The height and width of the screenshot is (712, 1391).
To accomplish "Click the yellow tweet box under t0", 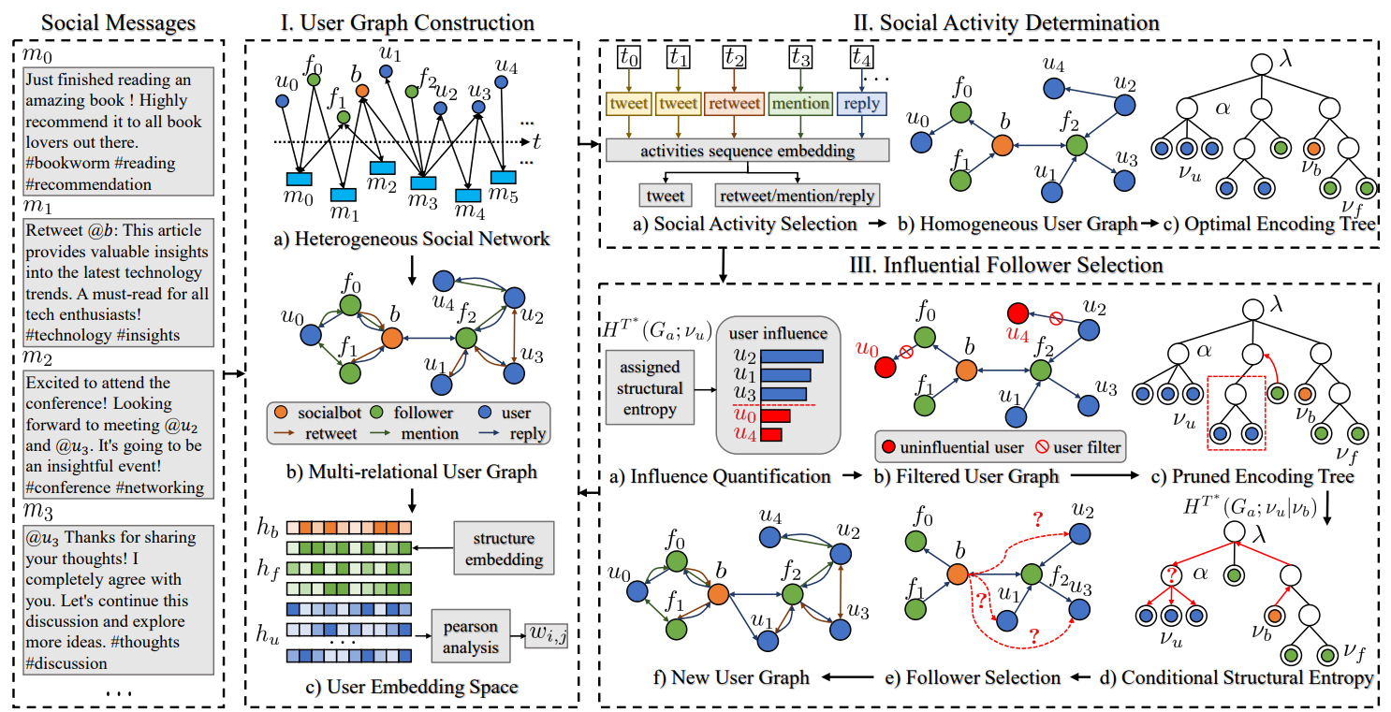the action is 629,104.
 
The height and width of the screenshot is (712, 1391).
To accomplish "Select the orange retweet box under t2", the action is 734,104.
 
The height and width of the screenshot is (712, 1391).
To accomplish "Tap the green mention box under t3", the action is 799,104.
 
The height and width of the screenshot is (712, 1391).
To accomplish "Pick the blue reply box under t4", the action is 861,104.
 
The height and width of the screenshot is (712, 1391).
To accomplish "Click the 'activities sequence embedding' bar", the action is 747,151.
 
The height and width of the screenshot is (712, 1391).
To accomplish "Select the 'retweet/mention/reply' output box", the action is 797,196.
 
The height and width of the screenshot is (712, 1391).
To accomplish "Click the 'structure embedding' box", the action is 504,548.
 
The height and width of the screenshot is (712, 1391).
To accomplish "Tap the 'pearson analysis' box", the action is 470,636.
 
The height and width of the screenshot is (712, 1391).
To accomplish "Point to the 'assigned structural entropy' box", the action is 650,388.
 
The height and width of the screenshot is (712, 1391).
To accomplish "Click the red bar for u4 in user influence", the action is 770,434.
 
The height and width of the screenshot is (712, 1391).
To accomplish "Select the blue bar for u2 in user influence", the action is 792,356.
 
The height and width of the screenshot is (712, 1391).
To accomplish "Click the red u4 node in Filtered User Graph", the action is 1018,313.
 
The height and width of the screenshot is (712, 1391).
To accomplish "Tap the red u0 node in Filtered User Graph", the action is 885,368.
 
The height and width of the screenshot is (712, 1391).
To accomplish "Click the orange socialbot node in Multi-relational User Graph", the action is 392,339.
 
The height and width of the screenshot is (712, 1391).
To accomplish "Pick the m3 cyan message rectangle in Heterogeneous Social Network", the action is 423,183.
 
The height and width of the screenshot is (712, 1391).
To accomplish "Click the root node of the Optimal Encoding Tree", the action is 1261,64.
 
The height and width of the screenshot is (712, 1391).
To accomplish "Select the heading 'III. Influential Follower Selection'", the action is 1006,265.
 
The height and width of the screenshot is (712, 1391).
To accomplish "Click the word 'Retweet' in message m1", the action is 54,230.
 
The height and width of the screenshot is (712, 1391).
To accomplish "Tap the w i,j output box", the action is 547,635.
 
